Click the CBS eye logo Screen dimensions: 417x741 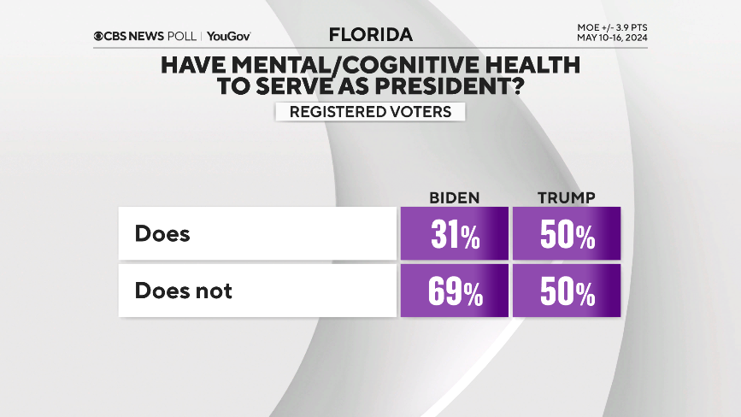pos(100,36)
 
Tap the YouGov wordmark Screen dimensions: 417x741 pos(228,36)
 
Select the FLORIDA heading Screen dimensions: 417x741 pos(370,35)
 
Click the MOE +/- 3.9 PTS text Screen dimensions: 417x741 pos(611,27)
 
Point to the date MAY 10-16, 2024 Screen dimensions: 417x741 pos(611,38)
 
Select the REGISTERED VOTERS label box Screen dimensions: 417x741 pos(369,112)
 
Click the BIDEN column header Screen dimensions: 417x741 pos(454,198)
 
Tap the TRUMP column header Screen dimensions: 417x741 pos(567,198)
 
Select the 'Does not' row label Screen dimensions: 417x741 pos(183,291)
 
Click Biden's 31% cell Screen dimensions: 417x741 pos(455,234)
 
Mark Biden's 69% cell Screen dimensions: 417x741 pos(455,291)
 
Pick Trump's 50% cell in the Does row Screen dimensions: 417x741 pos(567,234)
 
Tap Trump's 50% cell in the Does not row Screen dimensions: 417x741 pos(567,291)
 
